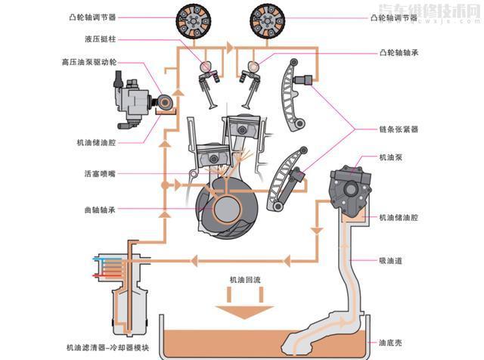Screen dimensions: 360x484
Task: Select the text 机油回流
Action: pos(245,279)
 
